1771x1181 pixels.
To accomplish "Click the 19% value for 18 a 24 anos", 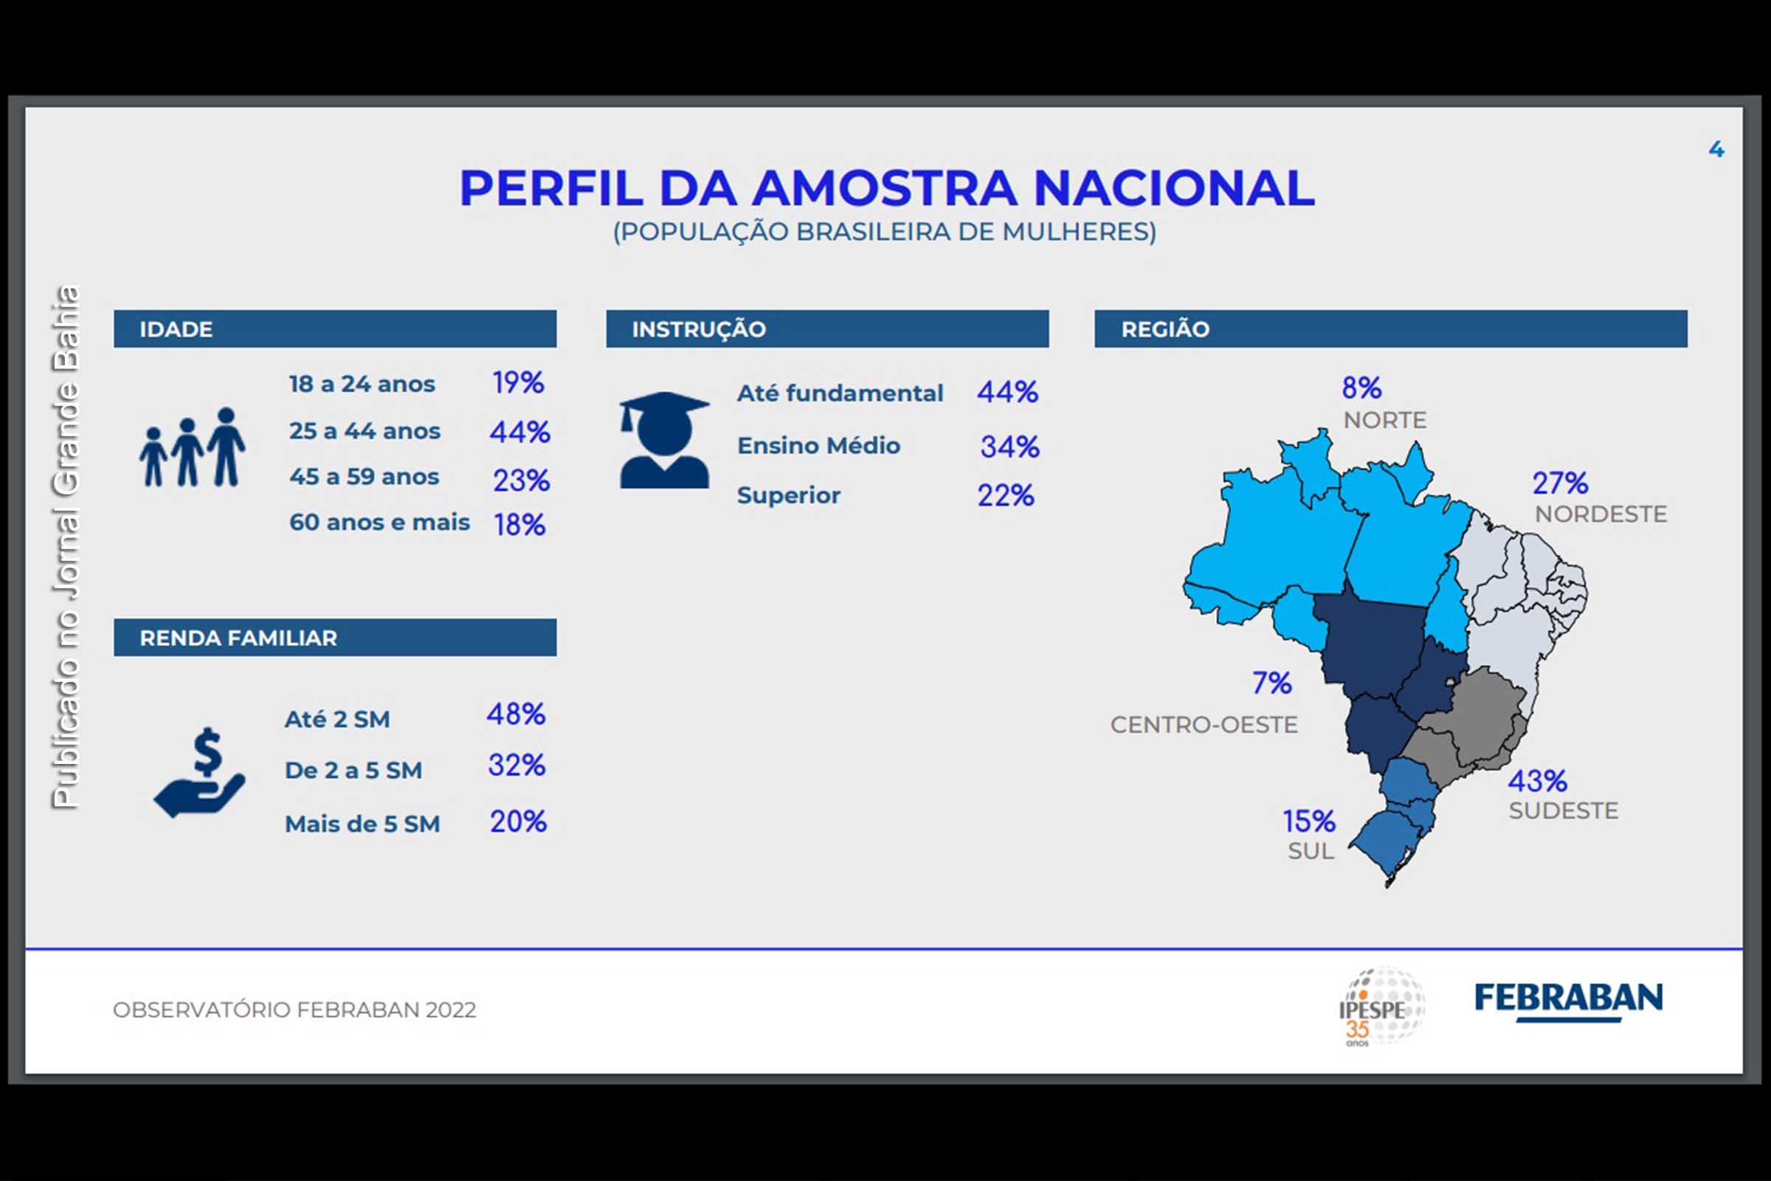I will click(518, 383).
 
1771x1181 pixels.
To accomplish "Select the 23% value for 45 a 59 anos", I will click(521, 481).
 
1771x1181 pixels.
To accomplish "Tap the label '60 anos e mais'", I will click(379, 522).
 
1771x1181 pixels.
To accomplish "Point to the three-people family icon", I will click(192, 448).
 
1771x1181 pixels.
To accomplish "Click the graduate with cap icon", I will click(664, 441).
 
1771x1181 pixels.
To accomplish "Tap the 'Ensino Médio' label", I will click(818, 446).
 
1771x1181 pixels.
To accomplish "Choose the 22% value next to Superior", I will click(1006, 495).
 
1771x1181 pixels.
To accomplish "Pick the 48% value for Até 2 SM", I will click(516, 714).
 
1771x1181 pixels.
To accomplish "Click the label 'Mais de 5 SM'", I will click(362, 824).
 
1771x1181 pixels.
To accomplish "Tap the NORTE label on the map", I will click(1385, 420).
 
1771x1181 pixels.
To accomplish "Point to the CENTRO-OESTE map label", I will click(1204, 725).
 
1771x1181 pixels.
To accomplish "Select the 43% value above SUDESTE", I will click(1537, 781).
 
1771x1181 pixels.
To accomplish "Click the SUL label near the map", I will click(1311, 851).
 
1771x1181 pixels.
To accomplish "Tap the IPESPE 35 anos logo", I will click(1381, 1006).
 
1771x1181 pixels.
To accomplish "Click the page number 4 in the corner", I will click(1716, 149).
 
